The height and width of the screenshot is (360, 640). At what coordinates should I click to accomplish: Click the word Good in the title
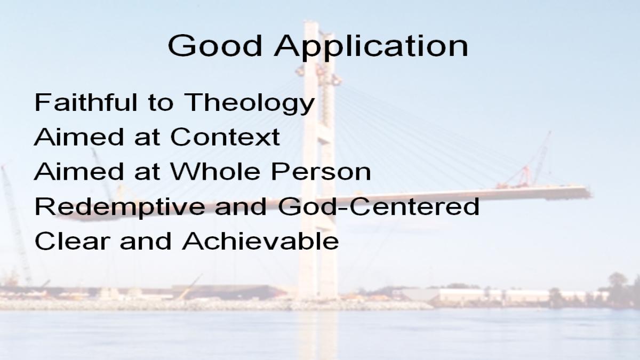(x=215, y=46)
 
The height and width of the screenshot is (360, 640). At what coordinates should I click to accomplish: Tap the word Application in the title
(x=371, y=47)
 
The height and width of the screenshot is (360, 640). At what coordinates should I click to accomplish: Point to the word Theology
(x=249, y=103)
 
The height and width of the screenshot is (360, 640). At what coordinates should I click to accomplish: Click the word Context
(x=225, y=137)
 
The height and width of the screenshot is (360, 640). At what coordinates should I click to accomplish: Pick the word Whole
(x=215, y=171)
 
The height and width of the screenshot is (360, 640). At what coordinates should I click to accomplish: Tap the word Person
(x=321, y=171)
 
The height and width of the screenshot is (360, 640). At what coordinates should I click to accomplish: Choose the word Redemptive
(x=119, y=207)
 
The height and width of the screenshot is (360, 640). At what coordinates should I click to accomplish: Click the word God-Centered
(x=379, y=206)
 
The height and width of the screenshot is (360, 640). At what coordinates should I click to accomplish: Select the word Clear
(x=73, y=241)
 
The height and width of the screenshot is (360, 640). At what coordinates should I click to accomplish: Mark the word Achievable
(x=261, y=241)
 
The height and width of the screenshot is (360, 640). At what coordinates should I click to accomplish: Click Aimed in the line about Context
(x=79, y=137)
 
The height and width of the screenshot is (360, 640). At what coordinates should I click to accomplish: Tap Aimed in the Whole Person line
(x=79, y=171)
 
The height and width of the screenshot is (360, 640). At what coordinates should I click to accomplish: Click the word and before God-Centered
(x=241, y=206)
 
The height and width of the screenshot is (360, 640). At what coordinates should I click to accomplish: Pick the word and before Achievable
(x=146, y=241)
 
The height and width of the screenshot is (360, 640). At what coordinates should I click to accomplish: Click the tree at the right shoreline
(x=617, y=286)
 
